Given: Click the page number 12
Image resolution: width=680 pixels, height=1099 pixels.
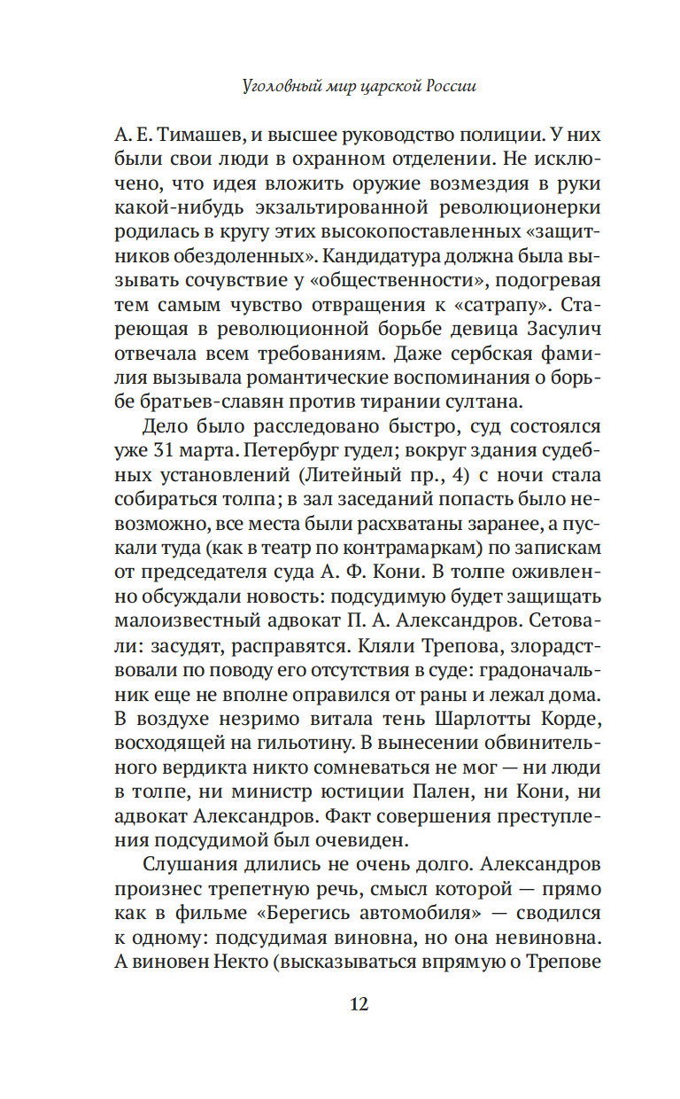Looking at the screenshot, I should pyautogui.click(x=358, y=1003).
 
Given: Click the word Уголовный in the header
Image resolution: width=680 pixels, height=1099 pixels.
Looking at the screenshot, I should pyautogui.click(x=276, y=87).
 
